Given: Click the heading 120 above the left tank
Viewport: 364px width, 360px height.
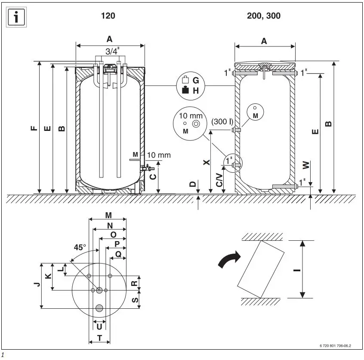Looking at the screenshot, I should [x=108, y=16].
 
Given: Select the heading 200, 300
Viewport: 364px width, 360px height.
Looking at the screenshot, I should [x=263, y=16].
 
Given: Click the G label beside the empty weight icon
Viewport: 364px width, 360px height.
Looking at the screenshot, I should [x=196, y=80].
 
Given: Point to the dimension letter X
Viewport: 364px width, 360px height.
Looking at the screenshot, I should [x=206, y=162].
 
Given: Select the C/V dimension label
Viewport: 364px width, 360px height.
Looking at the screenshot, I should [x=219, y=177].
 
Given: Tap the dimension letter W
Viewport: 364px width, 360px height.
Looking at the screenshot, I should [x=305, y=165].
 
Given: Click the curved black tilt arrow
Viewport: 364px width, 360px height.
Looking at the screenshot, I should [x=229, y=260].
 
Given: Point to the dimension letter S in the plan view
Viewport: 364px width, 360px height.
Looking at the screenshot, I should [x=134, y=299].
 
